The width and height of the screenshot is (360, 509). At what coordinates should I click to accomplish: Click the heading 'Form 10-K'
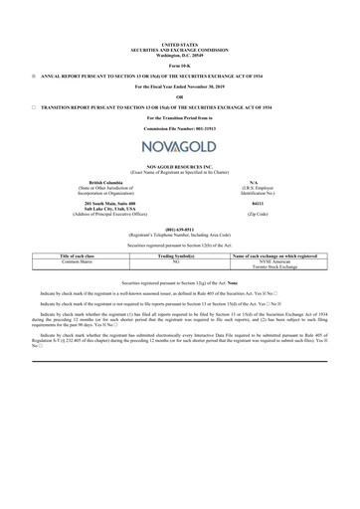click(179, 64)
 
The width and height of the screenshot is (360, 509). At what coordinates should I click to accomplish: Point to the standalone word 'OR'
click(179, 96)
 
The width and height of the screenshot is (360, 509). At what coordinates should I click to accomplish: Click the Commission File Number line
click(179, 129)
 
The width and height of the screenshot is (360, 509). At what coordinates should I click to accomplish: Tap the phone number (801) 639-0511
click(179, 224)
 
